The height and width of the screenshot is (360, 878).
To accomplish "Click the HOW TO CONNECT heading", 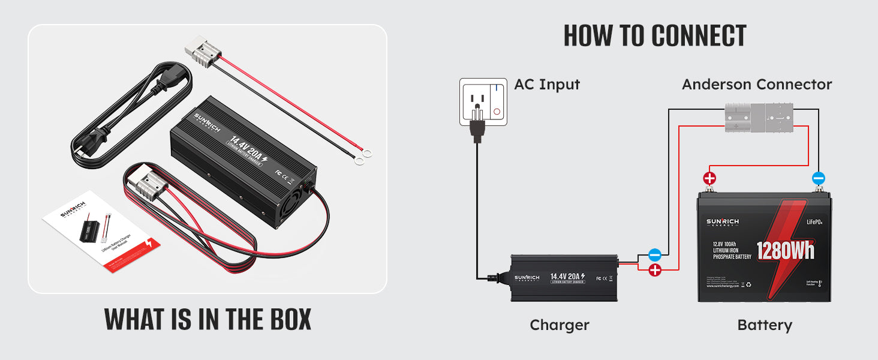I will click(x=654, y=36).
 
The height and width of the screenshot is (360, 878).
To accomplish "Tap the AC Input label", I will click(x=547, y=85).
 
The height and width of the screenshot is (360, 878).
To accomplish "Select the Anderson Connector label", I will click(x=756, y=85).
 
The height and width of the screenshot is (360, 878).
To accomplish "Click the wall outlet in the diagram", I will click(x=483, y=101).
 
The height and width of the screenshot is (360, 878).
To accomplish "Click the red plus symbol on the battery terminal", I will click(x=709, y=178).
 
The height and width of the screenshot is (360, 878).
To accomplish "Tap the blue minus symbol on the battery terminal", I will click(x=818, y=178).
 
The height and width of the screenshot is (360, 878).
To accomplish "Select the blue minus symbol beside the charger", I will click(x=655, y=255).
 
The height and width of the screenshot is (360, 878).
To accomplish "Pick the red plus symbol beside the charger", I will click(x=655, y=270).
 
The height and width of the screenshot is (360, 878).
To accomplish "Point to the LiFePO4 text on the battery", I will click(x=814, y=223).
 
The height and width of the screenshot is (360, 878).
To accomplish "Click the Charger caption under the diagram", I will click(x=559, y=325).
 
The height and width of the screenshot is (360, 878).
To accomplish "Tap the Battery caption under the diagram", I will click(x=764, y=325).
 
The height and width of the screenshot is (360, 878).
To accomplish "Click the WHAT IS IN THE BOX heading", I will click(x=208, y=319).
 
